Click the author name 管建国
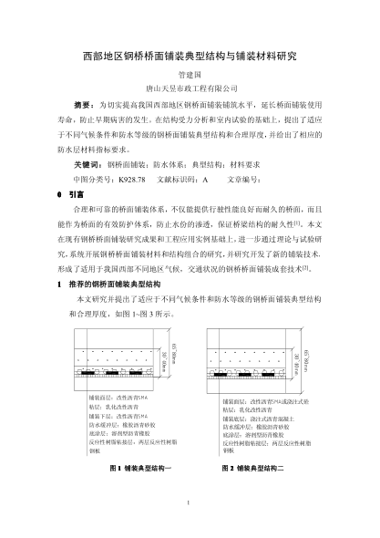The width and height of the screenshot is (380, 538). [190, 77]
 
